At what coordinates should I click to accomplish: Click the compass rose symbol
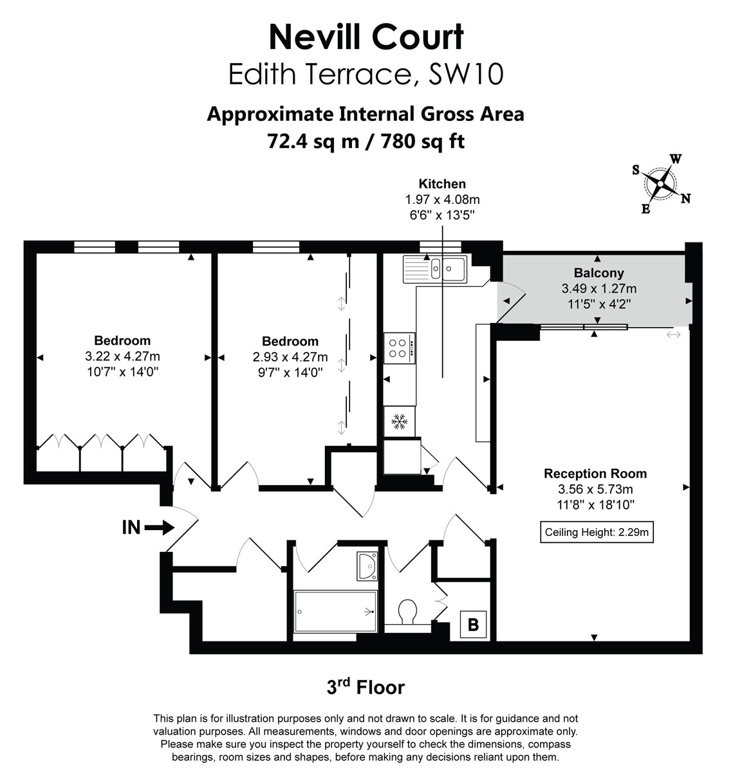pyautogui.click(x=660, y=183)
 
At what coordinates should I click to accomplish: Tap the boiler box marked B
pyautogui.click(x=473, y=624)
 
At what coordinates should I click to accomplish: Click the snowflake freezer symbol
pyautogui.click(x=400, y=422)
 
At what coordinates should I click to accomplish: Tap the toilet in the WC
pyautogui.click(x=407, y=611)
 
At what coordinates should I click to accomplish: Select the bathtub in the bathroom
pyautogui.click(x=335, y=611)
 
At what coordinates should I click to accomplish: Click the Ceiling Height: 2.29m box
pyautogui.click(x=597, y=532)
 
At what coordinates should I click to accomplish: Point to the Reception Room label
pyautogui.click(x=595, y=473)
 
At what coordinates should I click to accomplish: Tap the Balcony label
pyautogui.click(x=598, y=273)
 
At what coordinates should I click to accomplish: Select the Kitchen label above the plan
pyautogui.click(x=442, y=183)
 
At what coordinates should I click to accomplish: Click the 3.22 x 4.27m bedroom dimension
pyautogui.click(x=122, y=356)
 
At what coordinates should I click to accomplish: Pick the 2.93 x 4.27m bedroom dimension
pyautogui.click(x=290, y=356)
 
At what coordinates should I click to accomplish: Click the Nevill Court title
pyautogui.click(x=365, y=37)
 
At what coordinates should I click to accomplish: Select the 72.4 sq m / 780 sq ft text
pyautogui.click(x=365, y=141)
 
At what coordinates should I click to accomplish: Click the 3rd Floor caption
pyautogui.click(x=365, y=687)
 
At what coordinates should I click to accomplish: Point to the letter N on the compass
pyautogui.click(x=686, y=199)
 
